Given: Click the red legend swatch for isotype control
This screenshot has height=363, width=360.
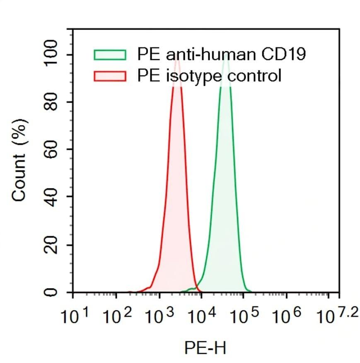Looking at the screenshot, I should click(110, 76).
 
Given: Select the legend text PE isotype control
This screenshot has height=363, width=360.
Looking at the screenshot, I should click(209, 76).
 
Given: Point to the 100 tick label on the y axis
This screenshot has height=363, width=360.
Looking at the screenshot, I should click(51, 55).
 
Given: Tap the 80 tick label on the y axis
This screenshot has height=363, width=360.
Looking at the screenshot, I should click(51, 103).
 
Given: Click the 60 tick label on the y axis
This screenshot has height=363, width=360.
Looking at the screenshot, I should click(51, 150).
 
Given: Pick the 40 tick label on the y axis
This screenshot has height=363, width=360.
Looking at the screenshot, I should click(51, 197).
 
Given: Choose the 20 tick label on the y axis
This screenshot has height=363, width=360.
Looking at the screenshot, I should click(51, 245).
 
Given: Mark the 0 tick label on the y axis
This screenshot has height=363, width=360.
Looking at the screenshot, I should click(51, 292).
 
